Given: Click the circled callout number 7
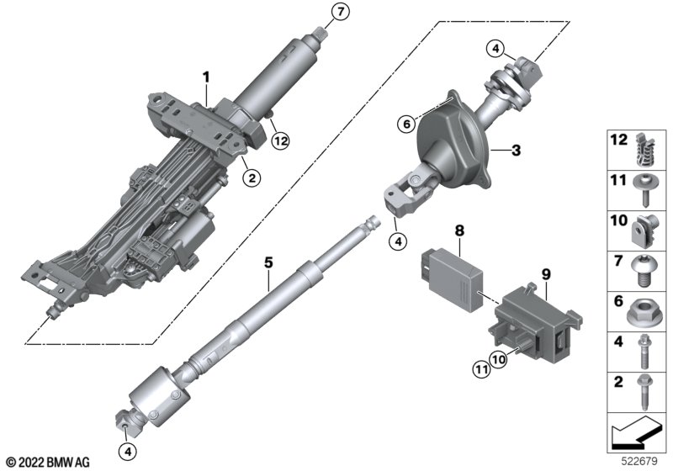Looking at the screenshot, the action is point(341,12).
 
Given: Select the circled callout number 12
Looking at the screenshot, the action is point(281,140).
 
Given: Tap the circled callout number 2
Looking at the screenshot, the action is point(252,177).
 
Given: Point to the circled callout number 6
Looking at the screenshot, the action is point(406,124).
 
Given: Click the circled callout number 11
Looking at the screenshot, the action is point(481,369).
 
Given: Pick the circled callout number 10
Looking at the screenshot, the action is point(498,359).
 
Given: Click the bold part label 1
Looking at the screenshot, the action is point(206,77).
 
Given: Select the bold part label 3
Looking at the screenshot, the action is point(516,151).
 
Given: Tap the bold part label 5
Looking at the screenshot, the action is point(268,262).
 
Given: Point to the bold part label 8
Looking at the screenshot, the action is point(459,230).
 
